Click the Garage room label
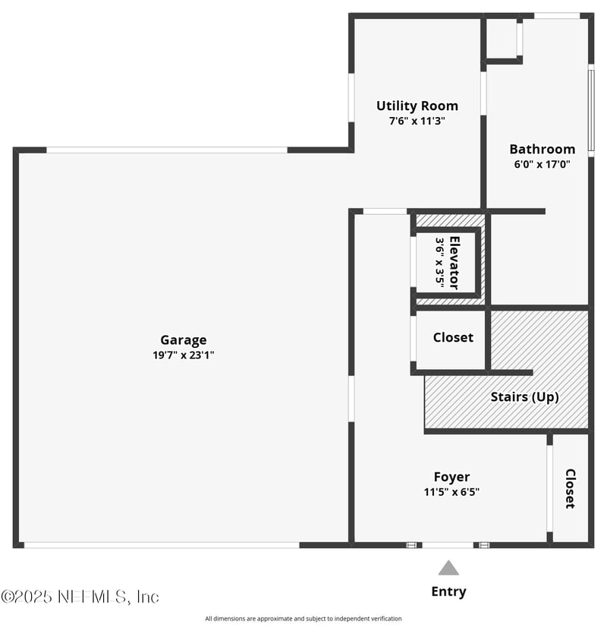coord(183,340)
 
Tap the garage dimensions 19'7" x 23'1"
coord(183,355)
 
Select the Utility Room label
coord(417,106)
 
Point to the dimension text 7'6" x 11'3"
coord(417,120)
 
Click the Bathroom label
coord(542,149)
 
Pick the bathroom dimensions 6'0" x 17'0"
coord(542,163)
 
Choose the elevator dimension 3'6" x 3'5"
coord(440,262)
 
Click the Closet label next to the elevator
coord(453,337)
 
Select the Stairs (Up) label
coord(524,396)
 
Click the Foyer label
coord(451,477)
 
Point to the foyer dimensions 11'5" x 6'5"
coord(451,491)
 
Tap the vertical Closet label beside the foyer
coord(570,488)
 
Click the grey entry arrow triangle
coord(448,568)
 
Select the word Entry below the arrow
coord(448,592)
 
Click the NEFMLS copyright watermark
coord(80,597)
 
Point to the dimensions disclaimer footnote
coord(303,618)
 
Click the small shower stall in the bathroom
coord(502,38)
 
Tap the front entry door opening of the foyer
coord(448,545)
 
